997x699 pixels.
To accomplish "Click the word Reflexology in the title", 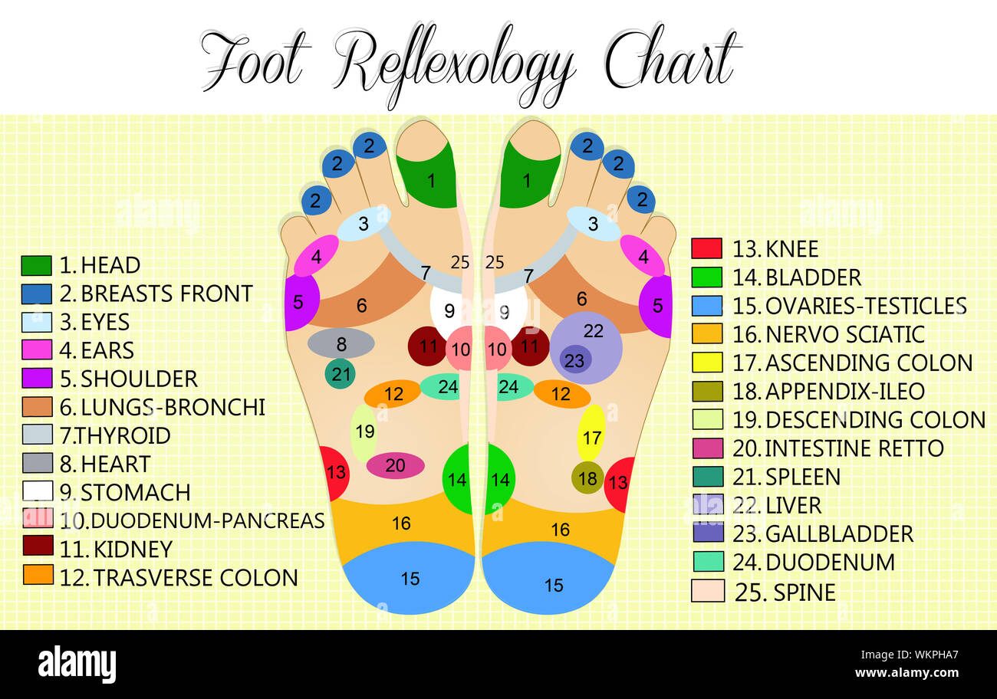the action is click(x=455, y=67).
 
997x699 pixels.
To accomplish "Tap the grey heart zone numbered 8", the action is click(x=341, y=343).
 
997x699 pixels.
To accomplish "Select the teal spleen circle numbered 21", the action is click(x=340, y=374).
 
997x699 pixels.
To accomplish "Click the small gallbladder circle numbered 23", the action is click(x=575, y=360).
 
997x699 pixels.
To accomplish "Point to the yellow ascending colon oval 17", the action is click(x=591, y=433).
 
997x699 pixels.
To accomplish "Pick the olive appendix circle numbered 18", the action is click(x=587, y=477).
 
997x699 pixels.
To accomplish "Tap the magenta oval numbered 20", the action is click(x=395, y=465).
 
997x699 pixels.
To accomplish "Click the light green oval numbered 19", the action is click(x=364, y=433).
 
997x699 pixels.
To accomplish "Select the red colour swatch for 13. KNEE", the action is click(x=707, y=248).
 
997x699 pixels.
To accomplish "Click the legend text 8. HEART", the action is click(x=105, y=464).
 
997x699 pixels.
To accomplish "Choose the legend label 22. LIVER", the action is click(x=777, y=505).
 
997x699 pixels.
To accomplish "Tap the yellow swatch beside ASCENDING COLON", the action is click(x=707, y=363).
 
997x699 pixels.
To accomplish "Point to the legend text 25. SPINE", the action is click(x=785, y=592).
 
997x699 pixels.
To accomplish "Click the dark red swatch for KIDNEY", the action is click(x=38, y=546).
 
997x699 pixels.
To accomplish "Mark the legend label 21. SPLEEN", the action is click(x=787, y=477).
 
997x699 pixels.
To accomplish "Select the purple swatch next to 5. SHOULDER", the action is click(x=37, y=378).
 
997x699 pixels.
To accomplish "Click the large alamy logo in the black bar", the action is click(x=77, y=665).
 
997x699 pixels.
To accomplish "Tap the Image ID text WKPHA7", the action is click(x=936, y=655).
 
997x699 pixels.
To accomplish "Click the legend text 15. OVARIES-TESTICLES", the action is click(x=850, y=306).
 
